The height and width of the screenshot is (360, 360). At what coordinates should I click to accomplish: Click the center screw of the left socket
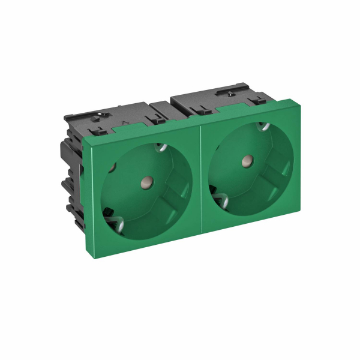(145, 179)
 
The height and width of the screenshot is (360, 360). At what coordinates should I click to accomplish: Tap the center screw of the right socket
(246, 160)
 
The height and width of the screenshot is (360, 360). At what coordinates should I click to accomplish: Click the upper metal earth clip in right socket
(262, 127)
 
